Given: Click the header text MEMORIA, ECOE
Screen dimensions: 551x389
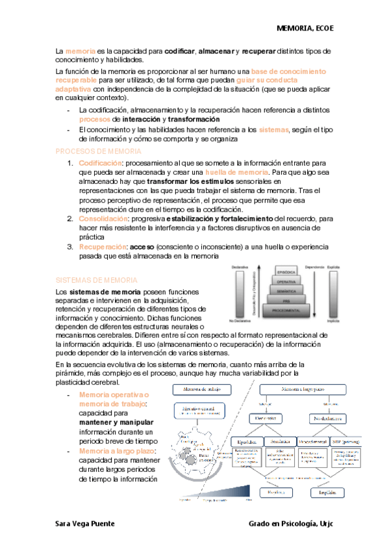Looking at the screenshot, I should [x=305, y=29].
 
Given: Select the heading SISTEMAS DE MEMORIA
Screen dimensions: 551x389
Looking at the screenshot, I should [x=95, y=261].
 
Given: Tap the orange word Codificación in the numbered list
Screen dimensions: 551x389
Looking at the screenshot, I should [x=100, y=162].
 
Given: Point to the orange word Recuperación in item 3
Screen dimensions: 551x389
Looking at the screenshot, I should [x=103, y=248].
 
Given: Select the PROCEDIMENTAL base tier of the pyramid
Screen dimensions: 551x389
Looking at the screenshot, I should [x=286, y=311].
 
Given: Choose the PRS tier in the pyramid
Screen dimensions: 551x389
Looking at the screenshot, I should [x=286, y=301].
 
